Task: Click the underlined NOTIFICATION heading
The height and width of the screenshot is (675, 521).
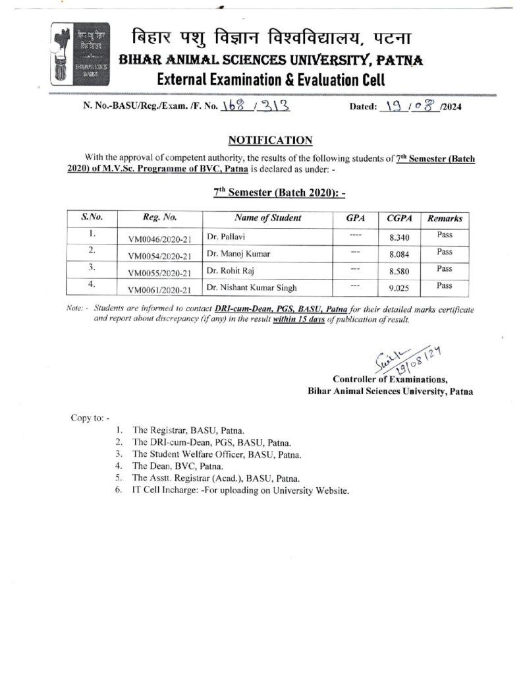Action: pyautogui.click(x=269, y=140)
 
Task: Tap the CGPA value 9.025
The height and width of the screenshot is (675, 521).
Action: pyautogui.click(x=397, y=288)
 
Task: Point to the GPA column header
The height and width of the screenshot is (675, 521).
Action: pyautogui.click(x=355, y=218)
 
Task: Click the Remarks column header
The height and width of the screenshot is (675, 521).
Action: pyautogui.click(x=445, y=218)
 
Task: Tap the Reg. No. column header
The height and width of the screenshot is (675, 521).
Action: pyautogui.click(x=159, y=218)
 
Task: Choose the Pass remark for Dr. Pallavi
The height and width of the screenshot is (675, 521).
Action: pyautogui.click(x=444, y=234)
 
